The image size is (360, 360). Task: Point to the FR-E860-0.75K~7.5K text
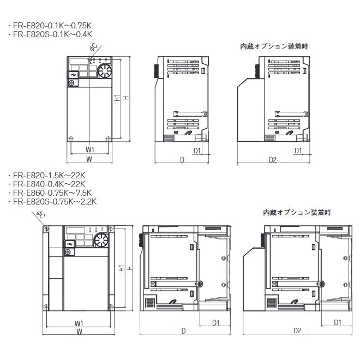[50, 193]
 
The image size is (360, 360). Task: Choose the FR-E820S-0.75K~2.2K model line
[53, 201]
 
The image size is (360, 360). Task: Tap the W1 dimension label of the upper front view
[90, 149]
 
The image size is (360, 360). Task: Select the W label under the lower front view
[80, 331]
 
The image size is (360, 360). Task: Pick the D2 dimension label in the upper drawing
[273, 159]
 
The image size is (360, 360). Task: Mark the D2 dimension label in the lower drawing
[297, 331]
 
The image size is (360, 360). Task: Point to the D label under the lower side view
[183, 331]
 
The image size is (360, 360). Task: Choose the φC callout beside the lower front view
[40, 218]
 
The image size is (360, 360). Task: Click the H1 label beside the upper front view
[117, 99]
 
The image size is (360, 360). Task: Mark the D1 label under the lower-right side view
[337, 322]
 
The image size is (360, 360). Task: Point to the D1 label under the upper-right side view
[298, 150]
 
